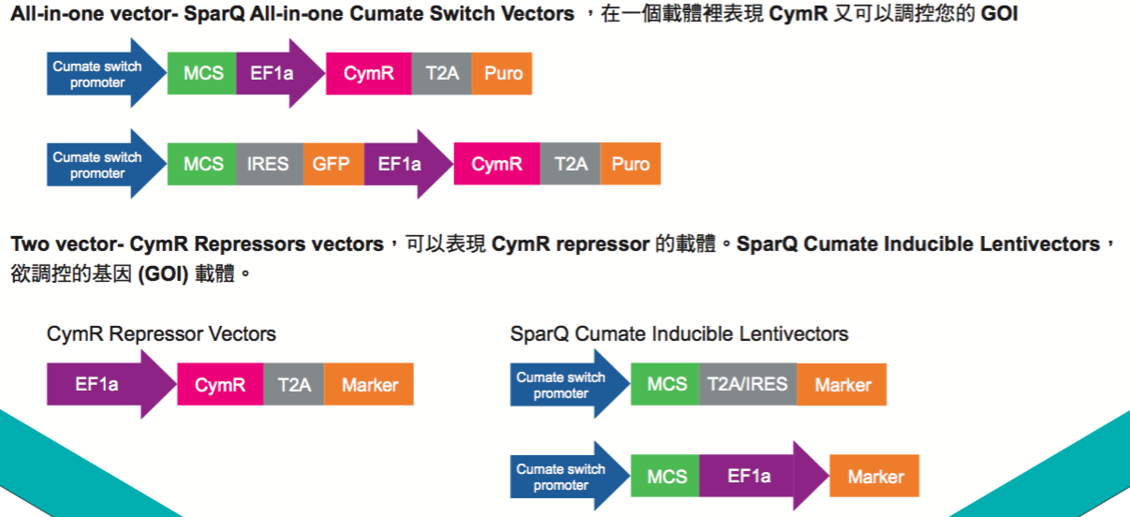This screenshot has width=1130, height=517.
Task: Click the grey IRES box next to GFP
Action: point(268,164)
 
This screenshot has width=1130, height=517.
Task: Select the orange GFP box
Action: point(331,164)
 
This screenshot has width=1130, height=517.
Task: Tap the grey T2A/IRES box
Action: point(747,384)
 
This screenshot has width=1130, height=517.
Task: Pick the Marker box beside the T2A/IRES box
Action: point(842,384)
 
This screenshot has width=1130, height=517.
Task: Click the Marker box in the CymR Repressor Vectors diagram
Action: point(369,384)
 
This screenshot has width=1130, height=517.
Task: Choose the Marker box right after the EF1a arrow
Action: point(874,477)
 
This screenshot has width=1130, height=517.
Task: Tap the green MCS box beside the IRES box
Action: point(201,164)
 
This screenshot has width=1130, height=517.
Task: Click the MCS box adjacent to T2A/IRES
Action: point(665,384)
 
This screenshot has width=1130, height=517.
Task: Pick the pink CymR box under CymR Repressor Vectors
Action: point(220,384)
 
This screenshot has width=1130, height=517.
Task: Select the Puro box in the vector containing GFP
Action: point(630,164)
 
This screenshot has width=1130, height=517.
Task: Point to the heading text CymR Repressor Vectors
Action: point(161,334)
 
